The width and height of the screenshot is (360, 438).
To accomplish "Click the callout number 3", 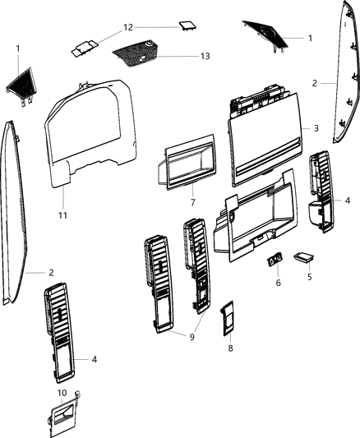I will point(316,129).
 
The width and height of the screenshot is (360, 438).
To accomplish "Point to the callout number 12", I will point(128,27).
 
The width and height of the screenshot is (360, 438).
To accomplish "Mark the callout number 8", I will point(230,348).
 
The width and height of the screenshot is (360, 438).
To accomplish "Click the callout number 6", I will point(278,282).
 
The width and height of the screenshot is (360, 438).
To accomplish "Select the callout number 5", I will point(309,278).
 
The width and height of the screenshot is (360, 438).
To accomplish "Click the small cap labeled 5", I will point(303,258).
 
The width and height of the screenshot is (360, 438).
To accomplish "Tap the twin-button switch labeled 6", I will point(275,261).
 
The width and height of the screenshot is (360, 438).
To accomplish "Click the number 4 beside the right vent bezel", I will point(348,200).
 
